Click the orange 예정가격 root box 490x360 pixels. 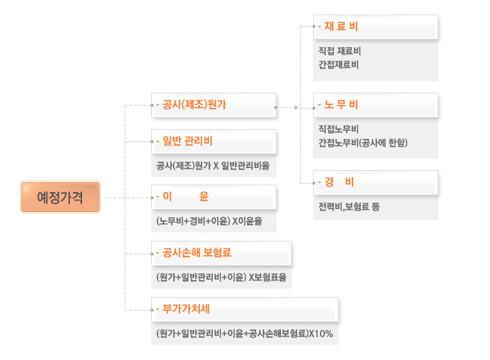[60, 197]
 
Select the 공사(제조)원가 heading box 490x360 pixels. [213, 105]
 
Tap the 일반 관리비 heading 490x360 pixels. [188, 141]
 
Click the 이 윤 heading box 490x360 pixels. [213, 197]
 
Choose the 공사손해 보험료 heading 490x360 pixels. [197, 252]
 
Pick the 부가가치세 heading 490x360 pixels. [186, 309]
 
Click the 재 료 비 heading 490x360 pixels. [341, 27]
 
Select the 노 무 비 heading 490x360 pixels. [341, 104]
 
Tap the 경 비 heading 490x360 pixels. [340, 182]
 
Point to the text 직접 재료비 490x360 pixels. [340, 51]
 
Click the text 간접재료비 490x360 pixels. [338, 65]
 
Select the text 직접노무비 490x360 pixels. [338, 129]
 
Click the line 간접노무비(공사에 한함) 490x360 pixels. [363, 143]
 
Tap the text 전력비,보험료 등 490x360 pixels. [349, 207]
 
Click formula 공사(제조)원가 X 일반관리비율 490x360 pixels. [213, 166]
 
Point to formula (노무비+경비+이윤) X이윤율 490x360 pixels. [210, 221]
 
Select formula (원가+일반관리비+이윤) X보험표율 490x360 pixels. [221, 277]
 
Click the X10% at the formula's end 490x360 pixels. [321, 333]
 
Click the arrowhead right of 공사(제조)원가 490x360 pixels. [296, 108]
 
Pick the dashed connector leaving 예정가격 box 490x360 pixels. [115, 197]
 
